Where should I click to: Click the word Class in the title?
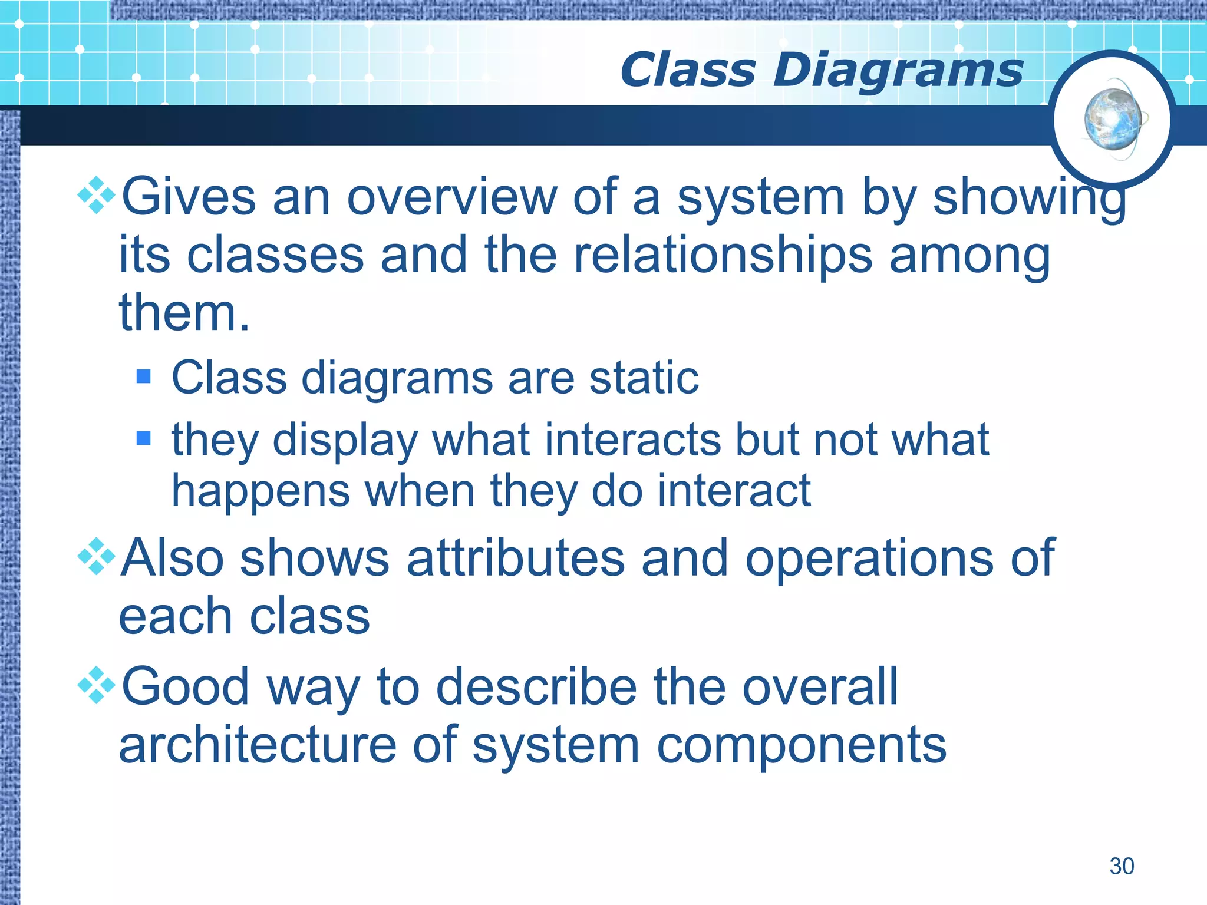click(x=687, y=71)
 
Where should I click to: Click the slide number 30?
click(x=1122, y=866)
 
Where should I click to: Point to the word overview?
click(x=451, y=197)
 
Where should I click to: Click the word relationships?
click(x=723, y=256)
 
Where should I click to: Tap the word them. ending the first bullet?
click(x=184, y=313)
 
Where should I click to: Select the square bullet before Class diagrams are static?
click(x=143, y=376)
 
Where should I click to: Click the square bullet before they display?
click(x=143, y=438)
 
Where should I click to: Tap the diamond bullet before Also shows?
click(x=97, y=556)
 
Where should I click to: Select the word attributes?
click(x=515, y=558)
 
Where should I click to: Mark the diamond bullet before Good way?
click(x=97, y=685)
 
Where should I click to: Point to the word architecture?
click(x=258, y=745)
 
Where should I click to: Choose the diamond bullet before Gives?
click(x=97, y=195)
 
